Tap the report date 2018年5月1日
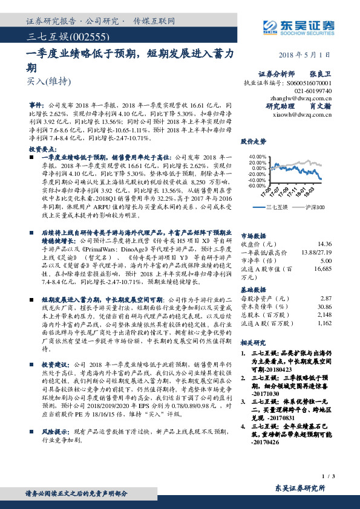pyautogui.click(x=303, y=54)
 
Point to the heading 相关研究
pyautogui.click(x=254, y=343)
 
